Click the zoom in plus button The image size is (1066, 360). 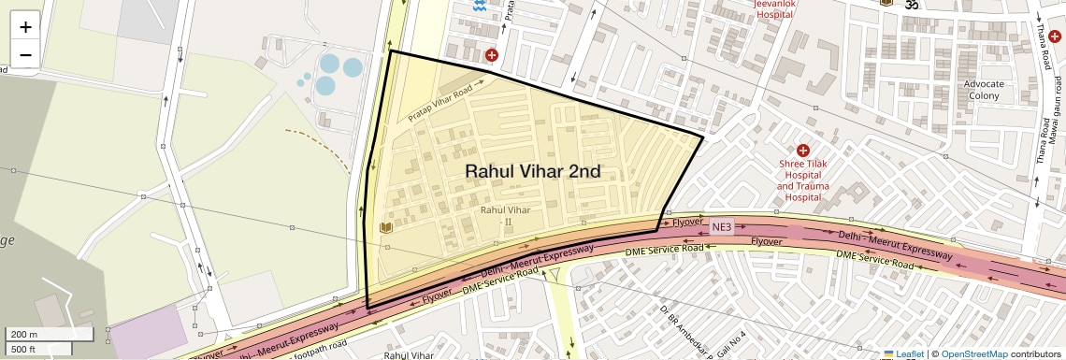(25, 27)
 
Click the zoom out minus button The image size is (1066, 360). (25, 54)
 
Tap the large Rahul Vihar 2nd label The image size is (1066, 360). (532, 172)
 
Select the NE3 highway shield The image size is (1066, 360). (722, 226)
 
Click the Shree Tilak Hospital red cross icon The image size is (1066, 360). (802, 151)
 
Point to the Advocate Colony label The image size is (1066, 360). (983, 90)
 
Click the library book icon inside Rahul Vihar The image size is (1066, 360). (384, 227)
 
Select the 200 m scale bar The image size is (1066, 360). (49, 335)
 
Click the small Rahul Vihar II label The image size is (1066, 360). (504, 215)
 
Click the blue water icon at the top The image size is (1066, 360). (480, 7)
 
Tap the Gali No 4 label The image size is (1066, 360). (730, 345)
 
